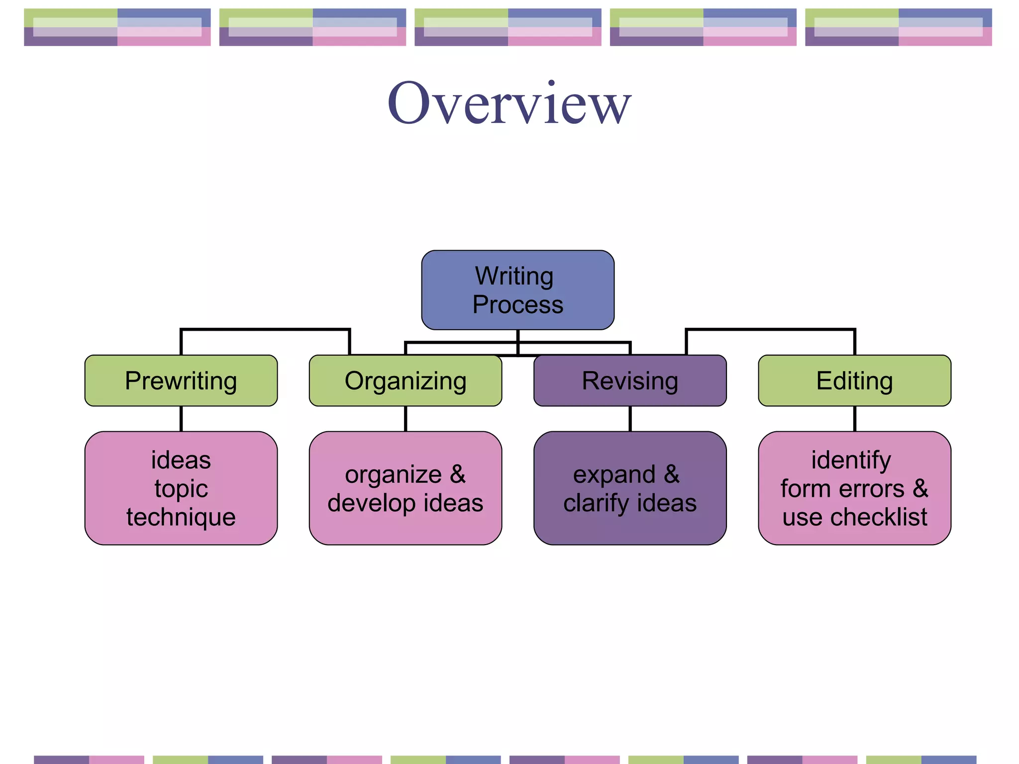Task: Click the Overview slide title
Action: click(x=509, y=103)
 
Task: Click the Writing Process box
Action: click(x=517, y=289)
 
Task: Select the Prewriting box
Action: click(x=181, y=381)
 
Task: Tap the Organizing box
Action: click(x=405, y=381)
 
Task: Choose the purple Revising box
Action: click(x=630, y=381)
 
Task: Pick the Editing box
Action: click(x=854, y=381)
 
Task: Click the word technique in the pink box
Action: click(x=181, y=517)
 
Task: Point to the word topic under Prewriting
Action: click(x=181, y=488)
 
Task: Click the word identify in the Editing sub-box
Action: click(x=851, y=460)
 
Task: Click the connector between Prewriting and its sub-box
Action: click(x=181, y=418)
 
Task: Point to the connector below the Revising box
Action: click(x=630, y=418)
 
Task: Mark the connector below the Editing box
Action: click(x=855, y=418)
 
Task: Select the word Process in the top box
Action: click(x=517, y=304)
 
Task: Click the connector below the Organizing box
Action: click(x=406, y=418)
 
